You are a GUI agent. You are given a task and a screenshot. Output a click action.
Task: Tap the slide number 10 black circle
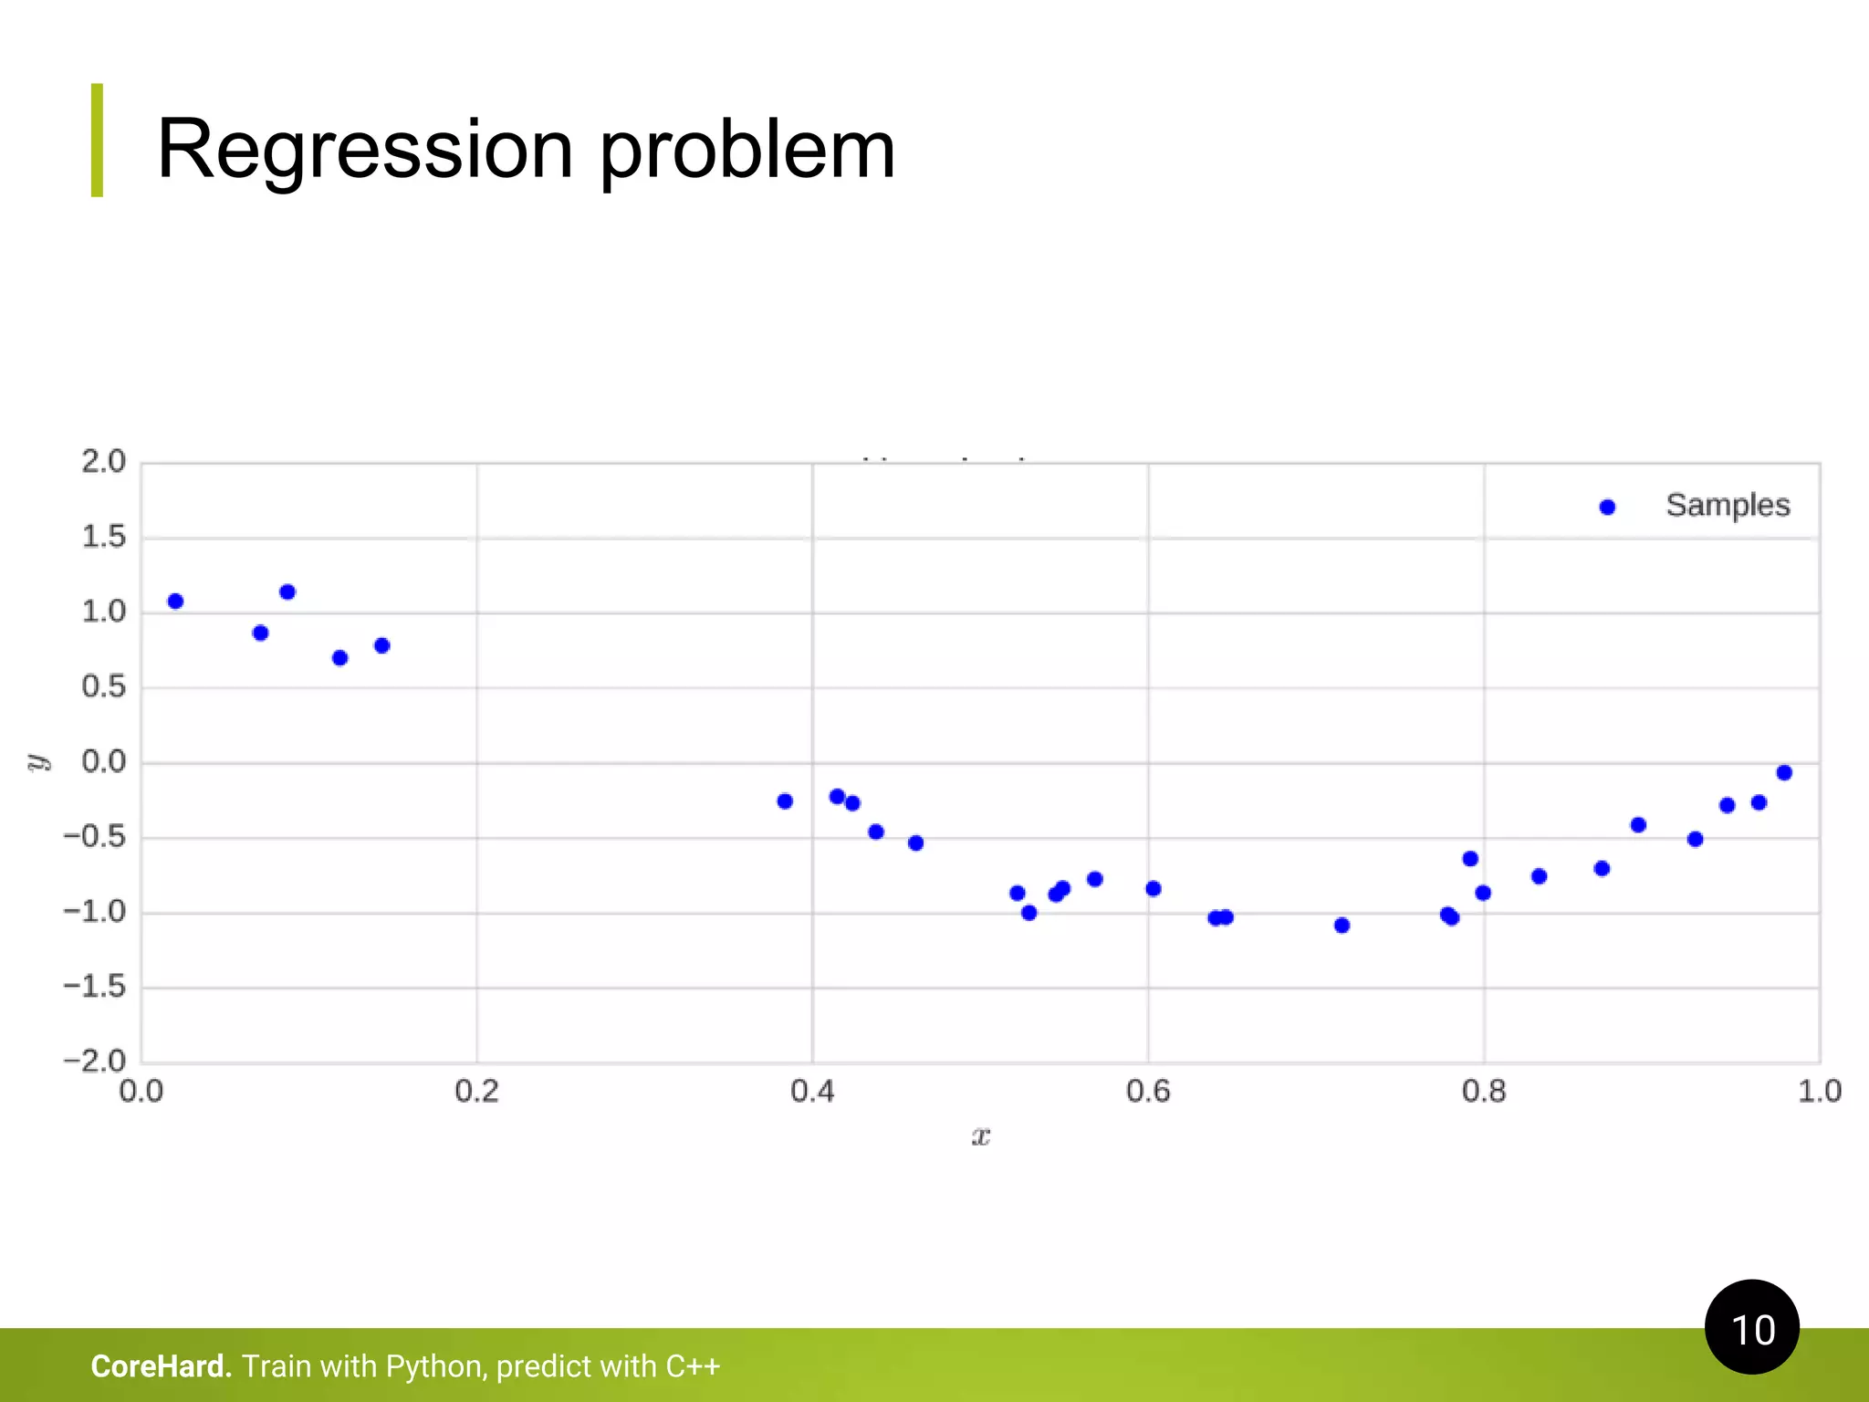1751,1327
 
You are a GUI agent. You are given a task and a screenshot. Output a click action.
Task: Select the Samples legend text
1727,506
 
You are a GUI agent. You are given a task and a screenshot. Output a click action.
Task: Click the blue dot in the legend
1607,507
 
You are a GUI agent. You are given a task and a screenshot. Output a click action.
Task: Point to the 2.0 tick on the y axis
103,462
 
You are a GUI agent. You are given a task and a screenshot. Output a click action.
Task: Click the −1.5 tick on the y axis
94,987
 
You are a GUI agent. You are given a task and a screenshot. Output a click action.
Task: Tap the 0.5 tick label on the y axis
103,686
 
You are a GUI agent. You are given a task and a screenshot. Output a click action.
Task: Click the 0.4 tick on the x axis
811,1091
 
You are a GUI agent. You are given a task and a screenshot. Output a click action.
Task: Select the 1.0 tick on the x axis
1819,1091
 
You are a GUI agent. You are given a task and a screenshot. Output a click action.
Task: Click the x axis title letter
980,1136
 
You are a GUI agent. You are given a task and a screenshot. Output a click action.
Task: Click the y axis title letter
37,762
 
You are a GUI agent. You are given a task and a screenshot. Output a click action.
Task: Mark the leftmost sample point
175,601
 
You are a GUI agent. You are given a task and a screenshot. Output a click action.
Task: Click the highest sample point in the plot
287,591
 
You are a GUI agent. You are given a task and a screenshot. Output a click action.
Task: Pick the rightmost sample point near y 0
1784,773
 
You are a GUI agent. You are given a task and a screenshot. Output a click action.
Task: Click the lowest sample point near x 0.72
1342,926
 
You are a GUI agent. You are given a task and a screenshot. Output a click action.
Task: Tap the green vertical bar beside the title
97,140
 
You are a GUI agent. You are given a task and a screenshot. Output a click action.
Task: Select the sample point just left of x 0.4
785,801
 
